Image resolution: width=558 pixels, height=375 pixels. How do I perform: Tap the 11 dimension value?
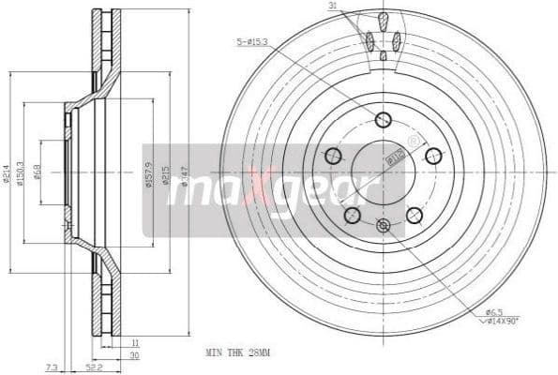(134, 343)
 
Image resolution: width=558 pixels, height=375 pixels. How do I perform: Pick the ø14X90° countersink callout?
(501, 321)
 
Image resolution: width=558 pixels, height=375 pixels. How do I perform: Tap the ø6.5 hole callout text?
(494, 310)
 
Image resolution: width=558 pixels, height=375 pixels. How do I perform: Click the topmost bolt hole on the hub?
(383, 119)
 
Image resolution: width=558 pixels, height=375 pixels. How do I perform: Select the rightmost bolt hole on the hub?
(433, 156)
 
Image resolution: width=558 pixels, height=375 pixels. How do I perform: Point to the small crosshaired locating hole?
(382, 226)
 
